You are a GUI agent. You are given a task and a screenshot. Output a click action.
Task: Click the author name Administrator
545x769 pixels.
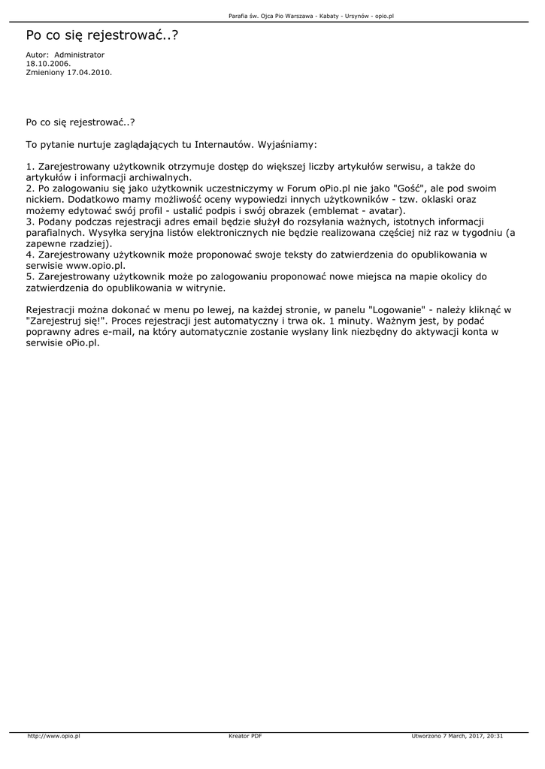coord(80,55)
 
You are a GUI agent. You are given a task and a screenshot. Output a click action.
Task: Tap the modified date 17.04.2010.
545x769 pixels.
coord(89,73)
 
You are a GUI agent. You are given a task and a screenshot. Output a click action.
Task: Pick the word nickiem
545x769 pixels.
coord(44,200)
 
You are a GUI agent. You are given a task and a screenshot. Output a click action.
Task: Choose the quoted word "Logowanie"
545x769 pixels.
coord(395,309)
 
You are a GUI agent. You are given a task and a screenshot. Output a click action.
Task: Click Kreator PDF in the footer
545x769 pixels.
coord(245,736)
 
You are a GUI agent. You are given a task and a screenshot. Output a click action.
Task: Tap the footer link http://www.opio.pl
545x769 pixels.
coord(53,736)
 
